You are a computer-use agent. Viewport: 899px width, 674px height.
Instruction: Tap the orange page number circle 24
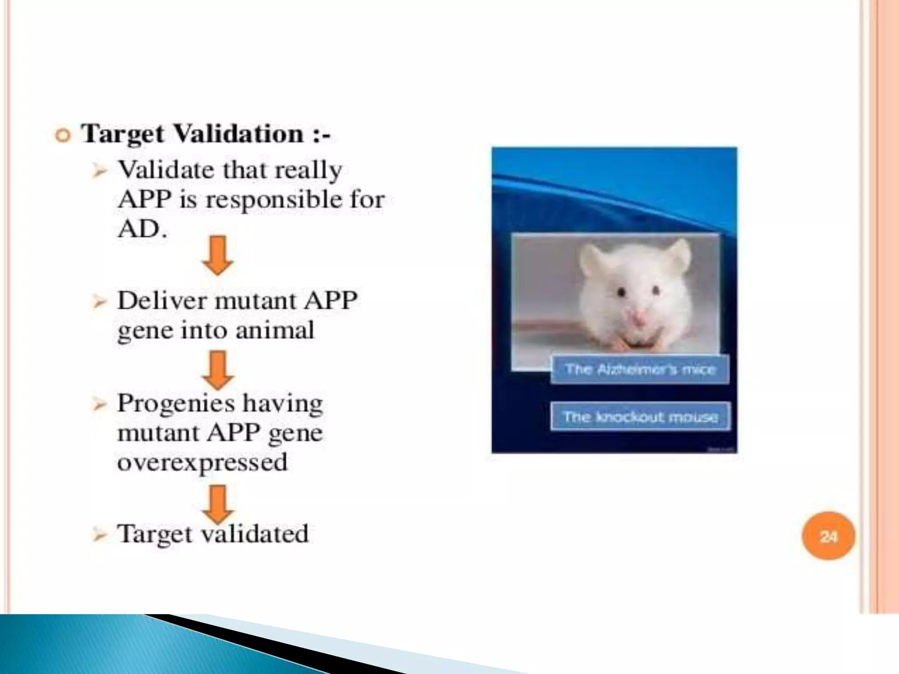pos(828,536)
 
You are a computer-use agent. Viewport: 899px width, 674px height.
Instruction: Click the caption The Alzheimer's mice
pos(640,369)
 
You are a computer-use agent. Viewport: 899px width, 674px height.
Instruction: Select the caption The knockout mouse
pos(640,416)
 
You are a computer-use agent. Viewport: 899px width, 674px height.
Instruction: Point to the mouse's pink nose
pos(637,317)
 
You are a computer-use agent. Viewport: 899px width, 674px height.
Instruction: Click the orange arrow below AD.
pos(218,255)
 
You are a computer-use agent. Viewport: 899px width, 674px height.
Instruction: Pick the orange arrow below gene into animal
pos(218,370)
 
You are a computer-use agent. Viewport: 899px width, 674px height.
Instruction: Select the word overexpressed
pos(202,462)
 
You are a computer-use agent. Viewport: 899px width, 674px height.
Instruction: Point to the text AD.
pos(142,229)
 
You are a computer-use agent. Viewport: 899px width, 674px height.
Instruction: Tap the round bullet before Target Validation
pos(63,135)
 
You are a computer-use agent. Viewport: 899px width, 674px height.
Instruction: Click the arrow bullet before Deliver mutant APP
pos(100,302)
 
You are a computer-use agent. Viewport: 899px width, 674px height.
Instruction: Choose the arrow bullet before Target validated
pos(100,535)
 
